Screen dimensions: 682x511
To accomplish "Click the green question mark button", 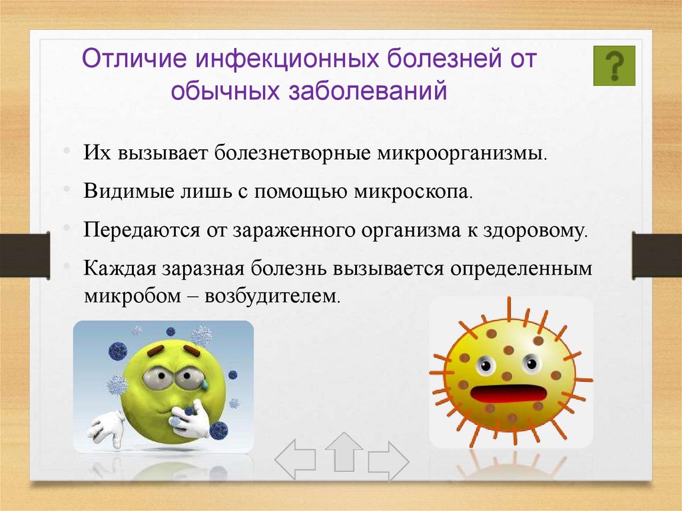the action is coord(614,66).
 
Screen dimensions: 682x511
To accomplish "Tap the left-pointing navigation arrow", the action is coord(295,459).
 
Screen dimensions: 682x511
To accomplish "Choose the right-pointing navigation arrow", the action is coord(388,462).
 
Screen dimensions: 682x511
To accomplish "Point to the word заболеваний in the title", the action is coord(368,91).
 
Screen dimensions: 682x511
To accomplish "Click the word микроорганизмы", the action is coord(462,154).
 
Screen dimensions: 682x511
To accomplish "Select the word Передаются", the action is coord(141,231).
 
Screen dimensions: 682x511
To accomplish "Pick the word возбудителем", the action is coord(272,296).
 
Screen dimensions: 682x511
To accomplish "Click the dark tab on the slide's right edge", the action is coord(657,256).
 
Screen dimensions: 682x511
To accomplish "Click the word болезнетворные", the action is coord(292,154).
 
